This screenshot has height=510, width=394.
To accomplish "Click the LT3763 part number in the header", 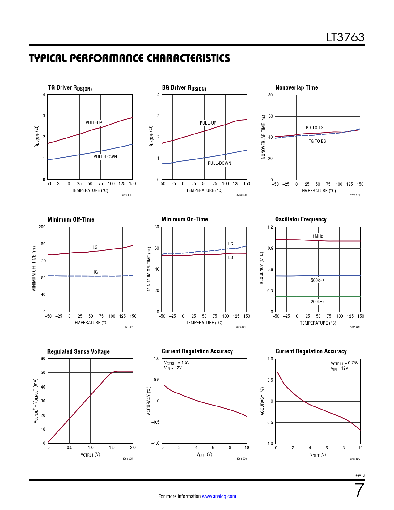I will tap(345, 37).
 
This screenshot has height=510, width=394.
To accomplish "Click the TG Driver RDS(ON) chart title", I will tap(70, 88).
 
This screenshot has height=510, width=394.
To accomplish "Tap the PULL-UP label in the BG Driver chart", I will tap(208, 123).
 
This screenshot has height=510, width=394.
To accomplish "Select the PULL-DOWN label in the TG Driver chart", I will tap(105, 157).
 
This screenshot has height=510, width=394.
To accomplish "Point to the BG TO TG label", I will tap(315, 128).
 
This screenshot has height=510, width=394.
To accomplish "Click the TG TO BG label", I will tap(317, 141).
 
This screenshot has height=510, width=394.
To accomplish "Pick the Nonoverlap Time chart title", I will tap(297, 87).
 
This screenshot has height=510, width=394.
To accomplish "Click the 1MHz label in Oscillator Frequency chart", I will tap(317, 236).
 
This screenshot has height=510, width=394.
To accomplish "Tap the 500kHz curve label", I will tap(317, 280).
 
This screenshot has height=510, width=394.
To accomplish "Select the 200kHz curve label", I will tap(317, 302).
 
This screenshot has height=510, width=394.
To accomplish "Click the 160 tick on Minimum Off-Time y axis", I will tap(42, 244).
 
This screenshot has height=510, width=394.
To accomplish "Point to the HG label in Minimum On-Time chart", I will tap(230, 244).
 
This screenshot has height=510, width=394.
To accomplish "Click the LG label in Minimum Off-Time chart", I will tap(95, 247).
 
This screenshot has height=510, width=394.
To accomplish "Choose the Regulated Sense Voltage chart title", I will tap(78, 351).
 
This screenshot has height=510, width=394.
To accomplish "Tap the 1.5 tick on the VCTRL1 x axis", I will tap(112, 448).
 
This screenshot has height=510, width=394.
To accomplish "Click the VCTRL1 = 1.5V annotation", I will tap(177, 363).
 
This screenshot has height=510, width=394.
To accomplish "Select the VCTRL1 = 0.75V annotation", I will tap(344, 363).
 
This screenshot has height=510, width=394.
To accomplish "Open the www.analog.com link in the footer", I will tap(219, 496).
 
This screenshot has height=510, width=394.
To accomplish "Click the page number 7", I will tap(359, 490).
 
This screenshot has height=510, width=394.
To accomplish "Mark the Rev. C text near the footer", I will tap(359, 475).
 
